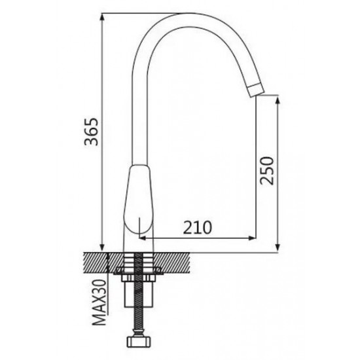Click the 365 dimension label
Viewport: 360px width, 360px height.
(91, 132)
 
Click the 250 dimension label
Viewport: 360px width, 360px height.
(267, 170)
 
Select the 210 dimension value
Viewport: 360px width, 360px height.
(198, 227)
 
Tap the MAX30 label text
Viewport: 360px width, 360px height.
(100, 302)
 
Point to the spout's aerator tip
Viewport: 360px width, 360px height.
(256, 90)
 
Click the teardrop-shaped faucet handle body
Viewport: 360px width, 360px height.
(137, 198)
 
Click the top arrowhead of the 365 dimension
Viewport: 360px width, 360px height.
(102, 17)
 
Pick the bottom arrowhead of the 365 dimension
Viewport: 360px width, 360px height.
(102, 247)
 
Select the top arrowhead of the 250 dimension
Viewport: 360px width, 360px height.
(278, 99)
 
